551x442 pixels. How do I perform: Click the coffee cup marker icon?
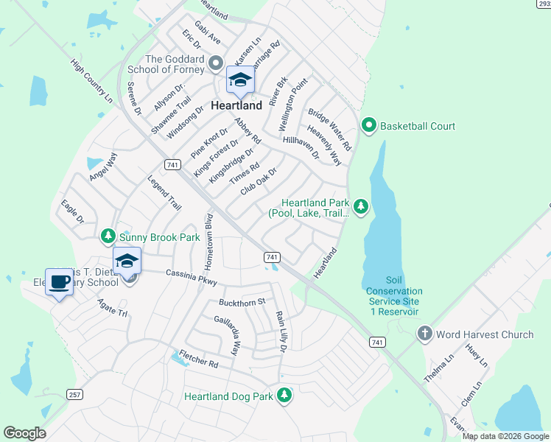(59, 281)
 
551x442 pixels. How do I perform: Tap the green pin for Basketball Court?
(369, 126)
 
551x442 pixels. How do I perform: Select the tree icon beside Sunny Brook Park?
(108, 236)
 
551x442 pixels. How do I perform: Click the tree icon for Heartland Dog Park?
(284, 397)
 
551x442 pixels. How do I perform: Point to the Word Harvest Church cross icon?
(424, 334)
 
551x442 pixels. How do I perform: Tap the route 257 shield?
(73, 395)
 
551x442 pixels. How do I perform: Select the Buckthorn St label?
(241, 302)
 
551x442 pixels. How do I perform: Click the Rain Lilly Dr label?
(281, 329)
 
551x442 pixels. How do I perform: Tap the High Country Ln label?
(92, 81)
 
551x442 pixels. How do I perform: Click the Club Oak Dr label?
(259, 182)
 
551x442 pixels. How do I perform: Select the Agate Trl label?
(113, 312)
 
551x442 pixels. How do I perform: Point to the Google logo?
(24, 433)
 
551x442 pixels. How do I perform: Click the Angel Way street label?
(102, 167)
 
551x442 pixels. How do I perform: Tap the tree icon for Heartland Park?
(360, 207)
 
